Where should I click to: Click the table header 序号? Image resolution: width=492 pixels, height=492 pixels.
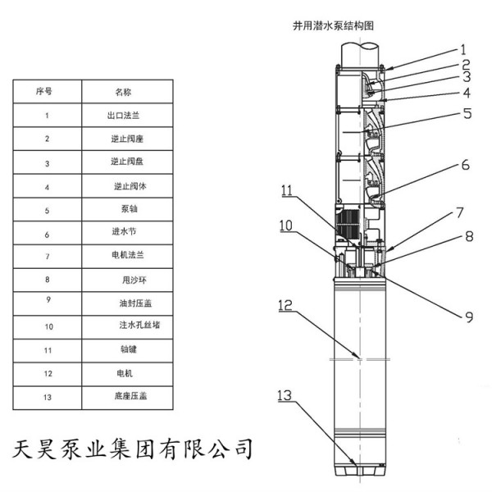tap(47, 92)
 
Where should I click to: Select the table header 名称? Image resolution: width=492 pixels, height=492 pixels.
tap(123, 92)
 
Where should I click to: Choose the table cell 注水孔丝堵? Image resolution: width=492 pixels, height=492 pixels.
tap(135, 326)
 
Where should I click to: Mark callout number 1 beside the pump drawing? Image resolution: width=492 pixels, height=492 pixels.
tap(463, 48)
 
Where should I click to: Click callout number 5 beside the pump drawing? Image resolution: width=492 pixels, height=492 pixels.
tap(467, 114)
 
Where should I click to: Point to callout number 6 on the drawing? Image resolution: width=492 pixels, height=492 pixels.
tap(465, 164)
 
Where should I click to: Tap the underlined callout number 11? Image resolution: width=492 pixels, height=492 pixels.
tap(286, 190)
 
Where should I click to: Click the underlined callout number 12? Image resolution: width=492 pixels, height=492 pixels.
tap(285, 305)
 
